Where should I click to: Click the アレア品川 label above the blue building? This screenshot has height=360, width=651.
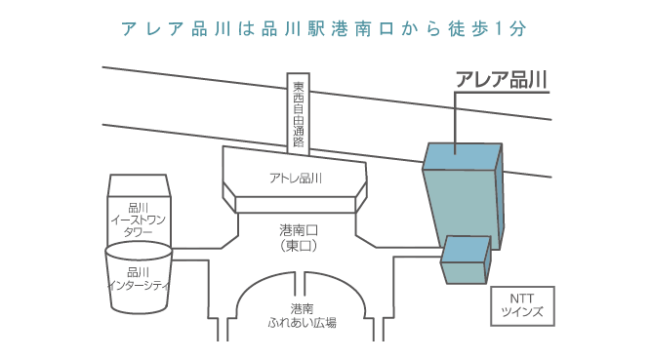click(502, 79)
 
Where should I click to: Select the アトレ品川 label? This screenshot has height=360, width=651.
click(296, 178)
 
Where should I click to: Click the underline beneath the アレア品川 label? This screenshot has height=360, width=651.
click(502, 94)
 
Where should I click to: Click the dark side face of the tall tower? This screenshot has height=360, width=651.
click(498, 195)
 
